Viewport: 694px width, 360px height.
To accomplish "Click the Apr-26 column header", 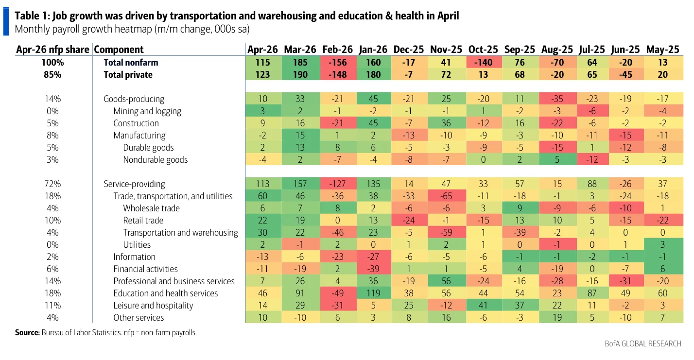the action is (x=262, y=50).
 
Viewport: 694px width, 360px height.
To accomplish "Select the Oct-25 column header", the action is (x=483, y=50).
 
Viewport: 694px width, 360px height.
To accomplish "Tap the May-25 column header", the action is (x=663, y=50).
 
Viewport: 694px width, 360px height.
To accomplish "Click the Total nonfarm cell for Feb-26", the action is (x=337, y=62).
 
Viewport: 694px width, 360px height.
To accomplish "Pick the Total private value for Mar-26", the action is (x=300, y=75).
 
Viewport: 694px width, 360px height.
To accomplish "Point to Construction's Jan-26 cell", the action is (x=373, y=123).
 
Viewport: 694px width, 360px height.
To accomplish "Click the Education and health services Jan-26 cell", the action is (x=373, y=293).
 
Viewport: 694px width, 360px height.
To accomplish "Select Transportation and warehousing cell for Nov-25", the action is (x=446, y=232).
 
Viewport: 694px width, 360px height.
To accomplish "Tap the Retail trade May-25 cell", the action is (x=663, y=220).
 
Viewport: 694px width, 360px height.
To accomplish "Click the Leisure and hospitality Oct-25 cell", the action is (x=483, y=305).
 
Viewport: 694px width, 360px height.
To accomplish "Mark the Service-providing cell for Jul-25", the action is (x=592, y=184).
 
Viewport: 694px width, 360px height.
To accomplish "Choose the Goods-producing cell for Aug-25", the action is (x=557, y=99).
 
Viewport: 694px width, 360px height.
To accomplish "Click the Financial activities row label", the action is (x=145, y=269).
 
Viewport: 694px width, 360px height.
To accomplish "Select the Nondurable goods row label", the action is (x=155, y=159).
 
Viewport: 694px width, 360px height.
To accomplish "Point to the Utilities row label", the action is (x=137, y=244).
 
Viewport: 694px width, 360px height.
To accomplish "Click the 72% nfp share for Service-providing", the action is (x=52, y=184).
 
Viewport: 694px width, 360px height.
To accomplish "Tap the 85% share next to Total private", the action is (x=52, y=75).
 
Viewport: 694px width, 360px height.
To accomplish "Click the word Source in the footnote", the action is (x=26, y=332).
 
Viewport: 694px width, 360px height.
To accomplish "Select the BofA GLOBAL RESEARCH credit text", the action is (x=643, y=343).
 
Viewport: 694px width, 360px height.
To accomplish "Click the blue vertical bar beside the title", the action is (x=6, y=21).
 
